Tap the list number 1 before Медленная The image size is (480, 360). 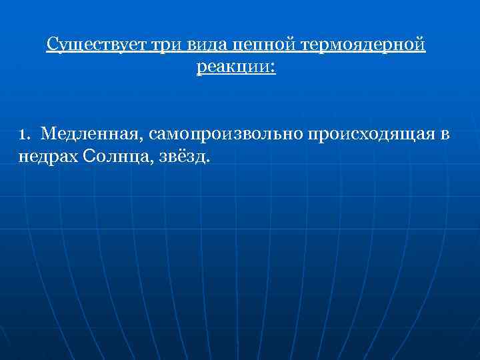pos(23,135)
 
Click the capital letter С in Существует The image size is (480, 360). pos(52,45)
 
